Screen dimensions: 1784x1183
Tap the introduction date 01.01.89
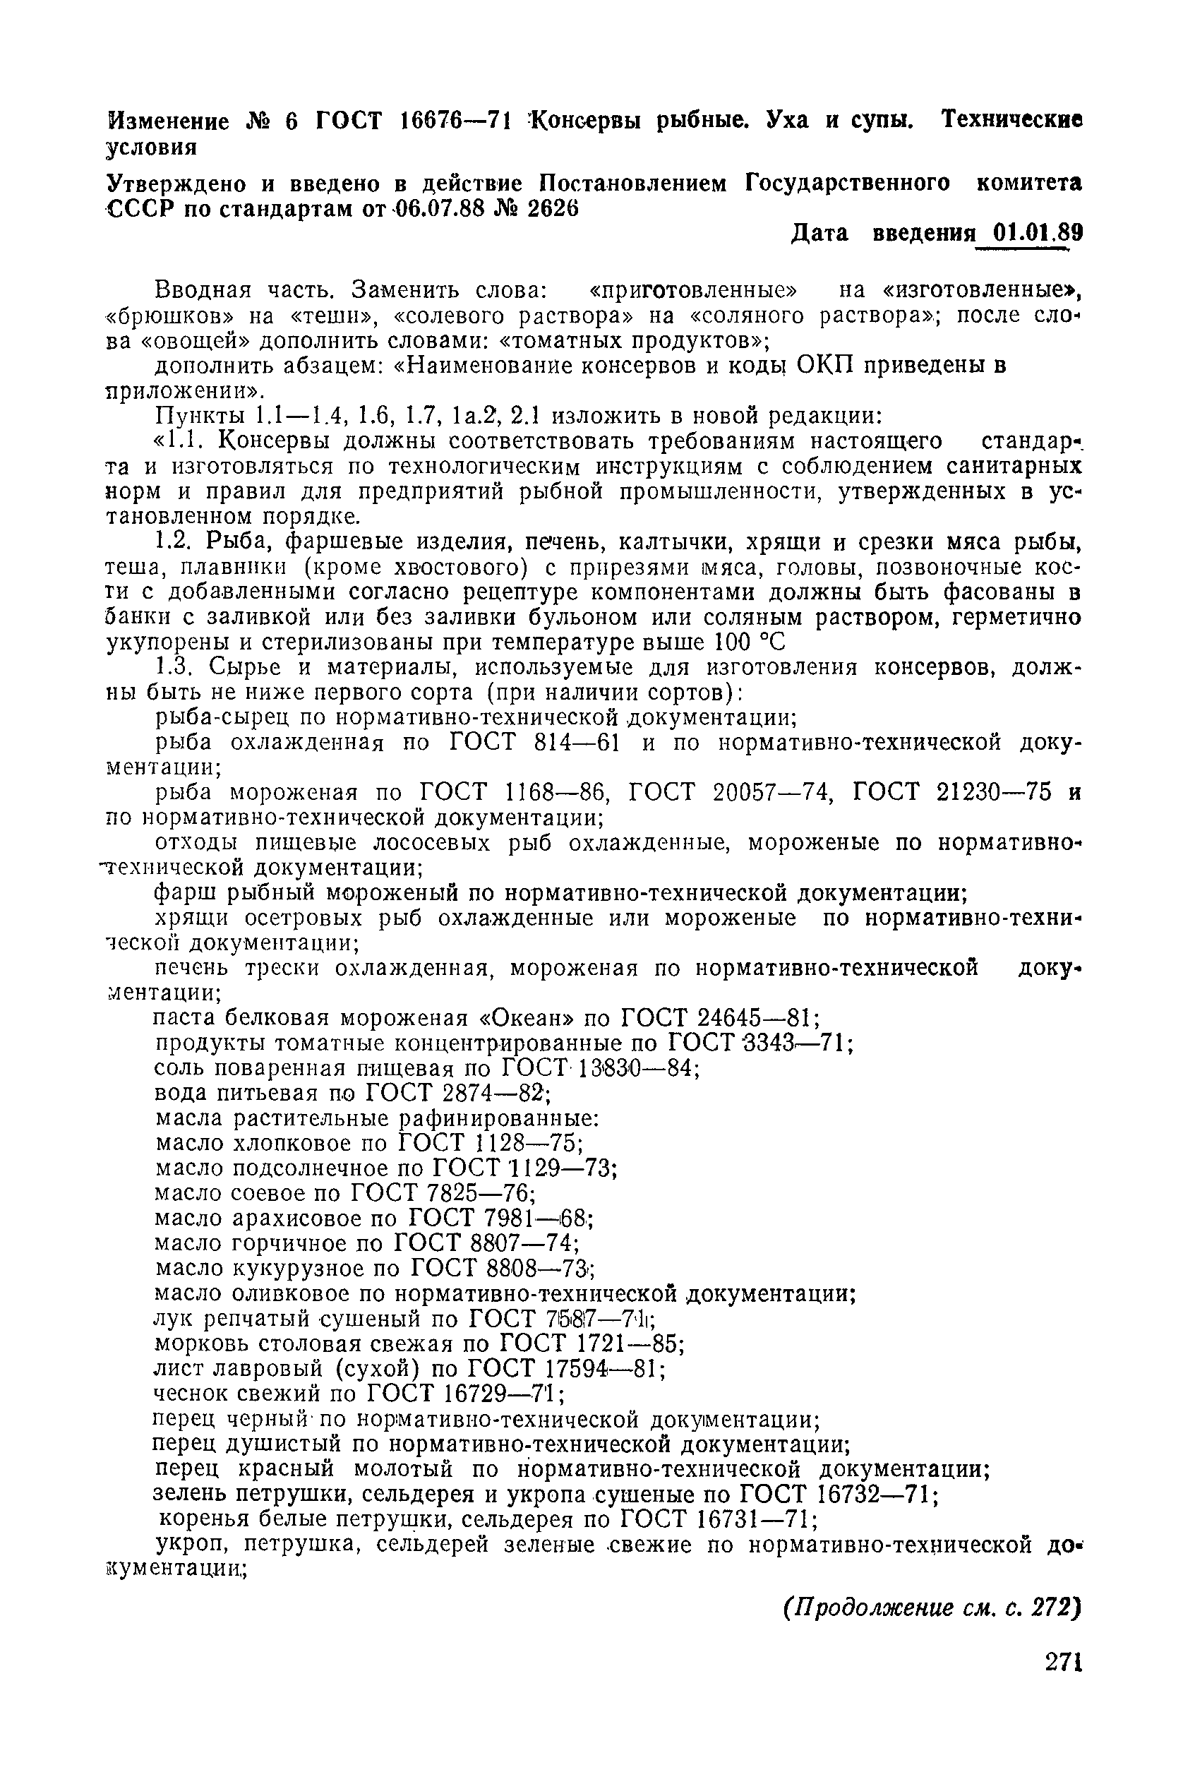[x=1038, y=232]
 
